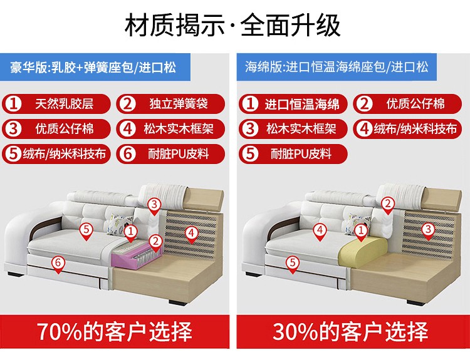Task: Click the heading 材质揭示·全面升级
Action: (x=232, y=25)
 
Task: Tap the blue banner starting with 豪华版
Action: (x=95, y=67)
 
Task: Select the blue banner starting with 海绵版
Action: (x=337, y=67)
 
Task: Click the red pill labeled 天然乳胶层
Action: (x=56, y=104)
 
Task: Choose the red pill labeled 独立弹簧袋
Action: (x=170, y=104)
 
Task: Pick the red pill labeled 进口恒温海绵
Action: (x=293, y=104)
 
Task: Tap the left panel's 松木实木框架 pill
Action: (x=170, y=129)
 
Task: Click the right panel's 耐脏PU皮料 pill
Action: (x=293, y=154)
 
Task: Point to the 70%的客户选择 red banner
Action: (x=115, y=332)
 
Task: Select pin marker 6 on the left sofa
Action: (x=58, y=265)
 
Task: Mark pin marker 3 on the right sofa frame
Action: (x=429, y=231)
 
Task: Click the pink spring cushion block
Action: (x=137, y=255)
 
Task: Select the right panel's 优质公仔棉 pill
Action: (x=407, y=104)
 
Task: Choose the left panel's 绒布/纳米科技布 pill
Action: (x=56, y=154)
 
